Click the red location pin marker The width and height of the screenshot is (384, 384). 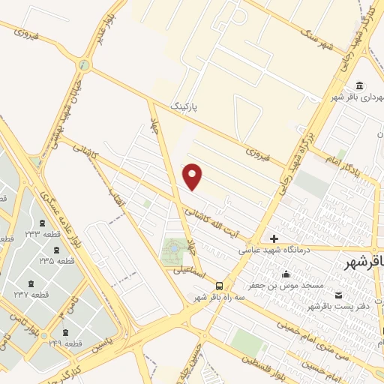[193, 176]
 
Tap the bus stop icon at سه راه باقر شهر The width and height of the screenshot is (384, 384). [219, 285]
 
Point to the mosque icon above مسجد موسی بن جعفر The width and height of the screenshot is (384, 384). [286, 273]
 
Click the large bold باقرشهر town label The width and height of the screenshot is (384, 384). [361, 262]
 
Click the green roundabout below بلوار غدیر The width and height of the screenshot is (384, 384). [84, 65]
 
